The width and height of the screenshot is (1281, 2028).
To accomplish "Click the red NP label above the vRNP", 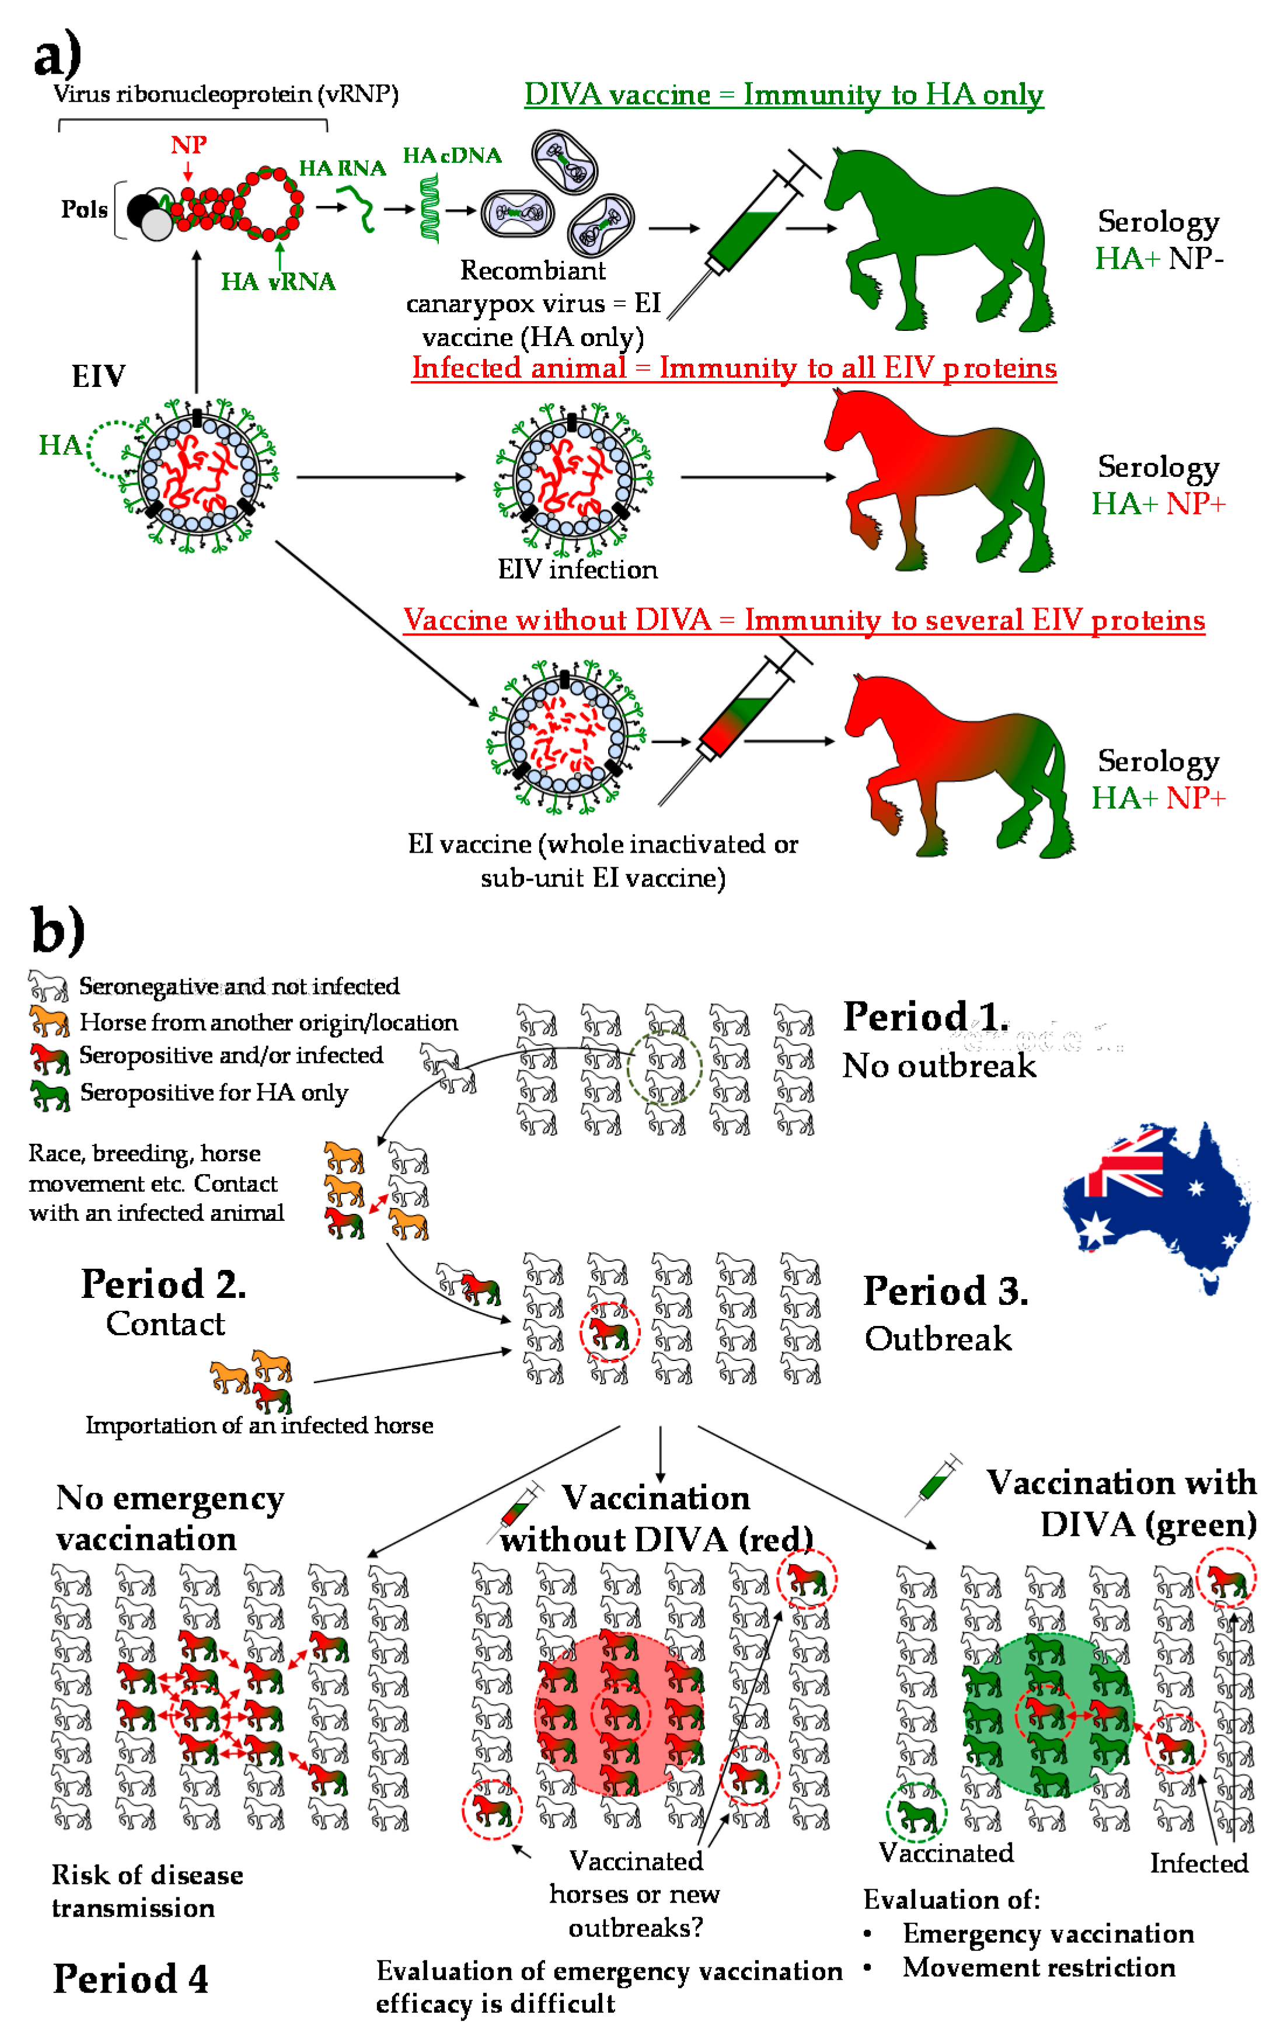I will click(x=188, y=145).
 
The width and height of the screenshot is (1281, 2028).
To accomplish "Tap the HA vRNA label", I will click(x=278, y=281).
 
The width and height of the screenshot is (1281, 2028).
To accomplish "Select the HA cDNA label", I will click(x=452, y=156).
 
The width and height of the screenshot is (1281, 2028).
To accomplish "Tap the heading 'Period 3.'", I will click(x=945, y=1291).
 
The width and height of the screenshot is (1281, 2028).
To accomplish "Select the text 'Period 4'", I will click(x=131, y=1979).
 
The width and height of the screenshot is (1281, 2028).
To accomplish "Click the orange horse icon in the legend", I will click(x=49, y=1021).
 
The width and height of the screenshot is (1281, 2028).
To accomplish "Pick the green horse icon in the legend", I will click(x=49, y=1094).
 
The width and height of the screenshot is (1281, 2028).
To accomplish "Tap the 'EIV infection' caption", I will click(x=577, y=570).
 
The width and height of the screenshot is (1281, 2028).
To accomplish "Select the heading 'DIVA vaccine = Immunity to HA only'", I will click(x=783, y=95).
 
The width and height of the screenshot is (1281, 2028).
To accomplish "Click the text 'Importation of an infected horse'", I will click(x=259, y=1425).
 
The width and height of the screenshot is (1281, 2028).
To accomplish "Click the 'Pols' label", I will click(x=84, y=209).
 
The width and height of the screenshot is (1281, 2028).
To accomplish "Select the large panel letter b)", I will click(x=57, y=931).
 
